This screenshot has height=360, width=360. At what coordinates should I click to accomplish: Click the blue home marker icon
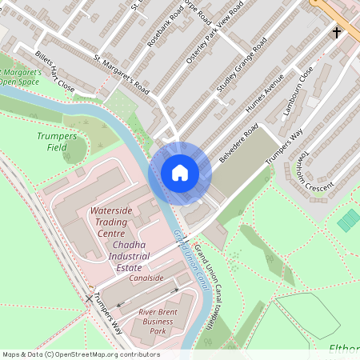coord(180,172)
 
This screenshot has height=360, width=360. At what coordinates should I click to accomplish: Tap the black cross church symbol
coord(337,33)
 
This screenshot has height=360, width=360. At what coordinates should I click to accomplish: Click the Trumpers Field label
coord(57,142)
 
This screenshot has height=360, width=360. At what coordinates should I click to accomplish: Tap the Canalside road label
coord(144,278)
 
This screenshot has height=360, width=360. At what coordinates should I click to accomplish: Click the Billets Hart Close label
coord(54,70)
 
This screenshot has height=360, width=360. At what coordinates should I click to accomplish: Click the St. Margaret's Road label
coord(122,73)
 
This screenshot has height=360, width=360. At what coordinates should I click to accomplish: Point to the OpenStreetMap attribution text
coord(80,354)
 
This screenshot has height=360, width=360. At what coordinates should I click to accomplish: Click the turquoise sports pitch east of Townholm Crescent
coord(349,219)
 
